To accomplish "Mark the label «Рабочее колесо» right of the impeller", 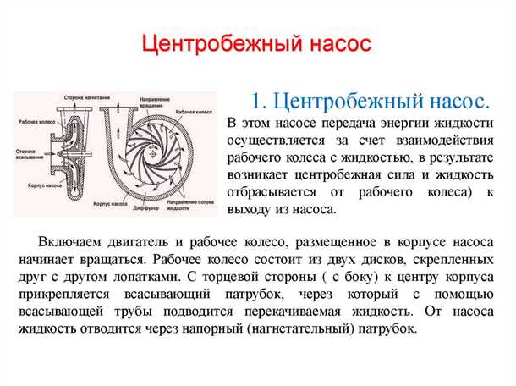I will pyautogui.click(x=194, y=110).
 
